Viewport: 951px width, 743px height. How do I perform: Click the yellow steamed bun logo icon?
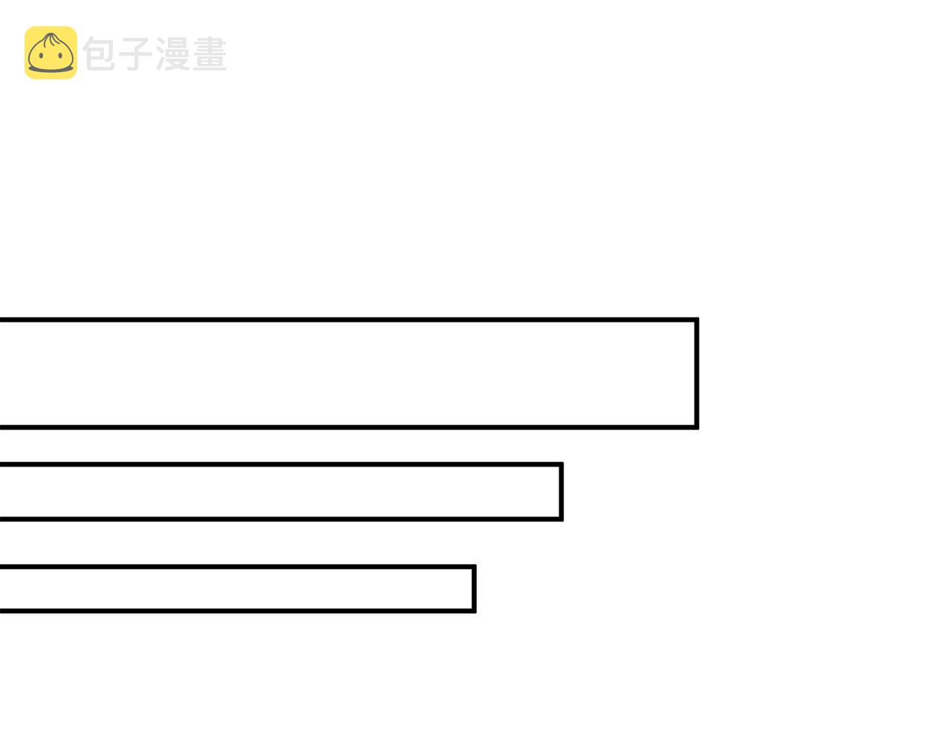coord(51,53)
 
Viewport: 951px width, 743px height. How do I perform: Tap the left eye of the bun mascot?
coord(41,56)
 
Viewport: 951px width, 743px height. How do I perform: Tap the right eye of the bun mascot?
coord(60,56)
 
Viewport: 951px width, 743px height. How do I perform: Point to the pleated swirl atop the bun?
coord(51,39)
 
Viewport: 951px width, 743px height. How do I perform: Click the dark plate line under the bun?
coord(51,68)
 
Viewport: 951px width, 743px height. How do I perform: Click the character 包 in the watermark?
coord(100,53)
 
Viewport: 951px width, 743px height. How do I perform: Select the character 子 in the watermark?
coord(136,53)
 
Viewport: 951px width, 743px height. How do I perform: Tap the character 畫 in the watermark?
coord(210,53)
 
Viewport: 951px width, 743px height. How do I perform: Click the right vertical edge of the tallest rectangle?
coord(696,373)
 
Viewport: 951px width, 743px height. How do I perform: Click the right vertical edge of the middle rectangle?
coord(561,491)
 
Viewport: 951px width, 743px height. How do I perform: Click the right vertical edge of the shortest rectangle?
coord(473,588)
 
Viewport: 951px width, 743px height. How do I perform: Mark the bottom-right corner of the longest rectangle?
coord(698,428)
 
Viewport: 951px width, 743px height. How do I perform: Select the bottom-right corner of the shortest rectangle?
coord(475,611)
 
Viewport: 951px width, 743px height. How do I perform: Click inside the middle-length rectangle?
coord(280,491)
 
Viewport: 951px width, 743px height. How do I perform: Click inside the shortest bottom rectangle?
coord(236,588)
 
